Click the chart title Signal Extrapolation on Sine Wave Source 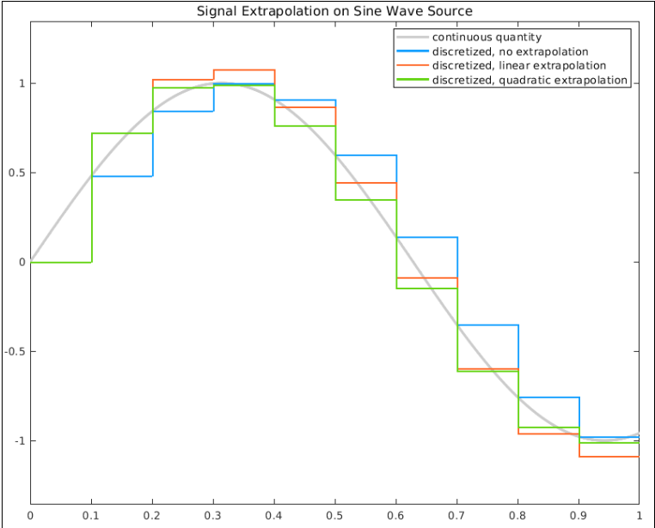pyautogui.click(x=334, y=11)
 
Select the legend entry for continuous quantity pyautogui.click(x=486, y=37)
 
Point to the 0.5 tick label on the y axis pyautogui.click(x=15, y=173)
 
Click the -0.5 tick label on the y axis pyautogui.click(x=13, y=351)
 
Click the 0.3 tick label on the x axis pyautogui.click(x=213, y=515)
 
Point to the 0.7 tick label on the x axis pyautogui.click(x=456, y=515)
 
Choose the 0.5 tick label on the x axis pyautogui.click(x=335, y=515)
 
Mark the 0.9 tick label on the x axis pyautogui.click(x=578, y=515)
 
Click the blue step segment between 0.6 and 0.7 pyautogui.click(x=426, y=237)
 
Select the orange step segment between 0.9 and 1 pyautogui.click(x=609, y=457)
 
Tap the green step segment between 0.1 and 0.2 pyautogui.click(x=122, y=133)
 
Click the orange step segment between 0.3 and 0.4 pyautogui.click(x=244, y=70)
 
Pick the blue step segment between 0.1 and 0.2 pyautogui.click(x=122, y=176)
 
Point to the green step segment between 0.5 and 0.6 pyautogui.click(x=365, y=200)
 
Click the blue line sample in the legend pyautogui.click(x=411, y=52)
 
